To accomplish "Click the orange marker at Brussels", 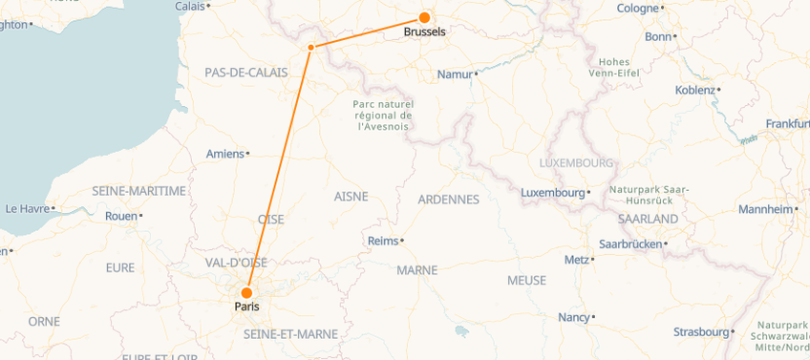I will click(423, 17).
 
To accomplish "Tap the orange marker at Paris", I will click(246, 293).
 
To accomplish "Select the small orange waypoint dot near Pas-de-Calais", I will click(311, 47).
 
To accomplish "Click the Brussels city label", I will click(424, 32).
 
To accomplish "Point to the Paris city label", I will click(245, 307).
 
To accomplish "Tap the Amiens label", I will click(225, 154).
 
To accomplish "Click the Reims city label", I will click(383, 241).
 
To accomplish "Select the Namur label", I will click(455, 74).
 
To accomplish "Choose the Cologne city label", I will click(638, 9).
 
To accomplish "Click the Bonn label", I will click(658, 36).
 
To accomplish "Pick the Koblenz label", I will click(694, 90).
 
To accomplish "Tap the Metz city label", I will click(577, 260).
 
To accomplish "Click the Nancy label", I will click(573, 317).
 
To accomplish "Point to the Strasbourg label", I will click(700, 332).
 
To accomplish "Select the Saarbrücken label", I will click(629, 244).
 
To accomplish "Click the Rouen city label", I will click(120, 216).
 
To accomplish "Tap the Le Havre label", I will click(27, 208).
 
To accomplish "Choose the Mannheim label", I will click(766, 209).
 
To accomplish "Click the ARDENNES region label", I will click(448, 200).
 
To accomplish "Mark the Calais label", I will click(191, 6).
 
